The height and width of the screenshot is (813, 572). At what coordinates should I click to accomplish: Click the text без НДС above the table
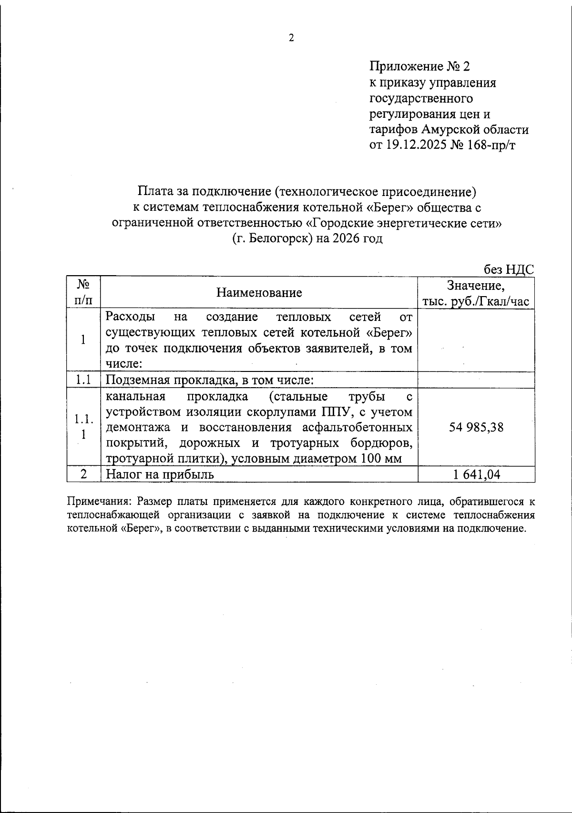click(x=509, y=270)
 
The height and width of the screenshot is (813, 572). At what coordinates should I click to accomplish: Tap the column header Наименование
click(x=259, y=292)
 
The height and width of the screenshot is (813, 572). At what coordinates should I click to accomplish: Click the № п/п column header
click(x=83, y=292)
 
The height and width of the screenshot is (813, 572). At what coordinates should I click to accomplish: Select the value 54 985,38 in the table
click(x=476, y=427)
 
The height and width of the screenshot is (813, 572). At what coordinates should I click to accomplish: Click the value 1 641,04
click(x=476, y=474)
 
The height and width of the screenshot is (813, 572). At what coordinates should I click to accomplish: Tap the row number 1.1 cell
click(x=83, y=380)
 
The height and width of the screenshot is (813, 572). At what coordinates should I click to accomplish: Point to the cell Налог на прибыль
click(x=160, y=474)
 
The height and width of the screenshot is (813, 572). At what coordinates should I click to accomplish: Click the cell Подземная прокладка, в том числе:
click(x=209, y=380)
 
